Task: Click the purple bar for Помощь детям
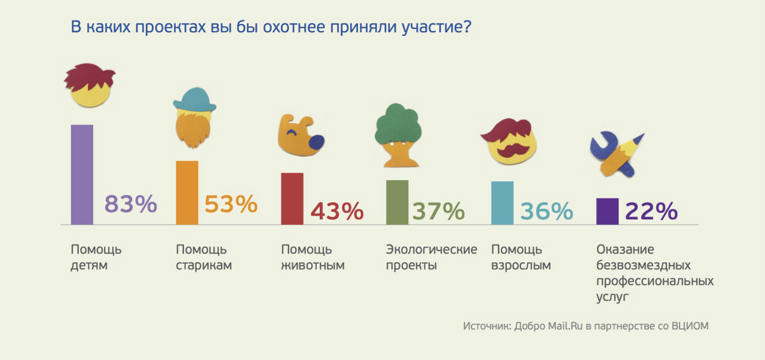click(82, 175)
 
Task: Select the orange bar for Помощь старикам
click(187, 193)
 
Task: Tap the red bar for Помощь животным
click(292, 199)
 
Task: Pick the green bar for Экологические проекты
click(397, 202)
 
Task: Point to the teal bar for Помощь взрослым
click(502, 203)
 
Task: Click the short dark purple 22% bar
click(607, 211)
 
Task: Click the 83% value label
click(131, 205)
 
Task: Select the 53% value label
click(231, 205)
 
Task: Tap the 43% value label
click(337, 211)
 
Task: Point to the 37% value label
click(439, 211)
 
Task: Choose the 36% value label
click(546, 211)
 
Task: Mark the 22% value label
click(651, 211)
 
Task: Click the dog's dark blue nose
click(316, 142)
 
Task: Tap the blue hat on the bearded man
click(194, 99)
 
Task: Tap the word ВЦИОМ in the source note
click(689, 327)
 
